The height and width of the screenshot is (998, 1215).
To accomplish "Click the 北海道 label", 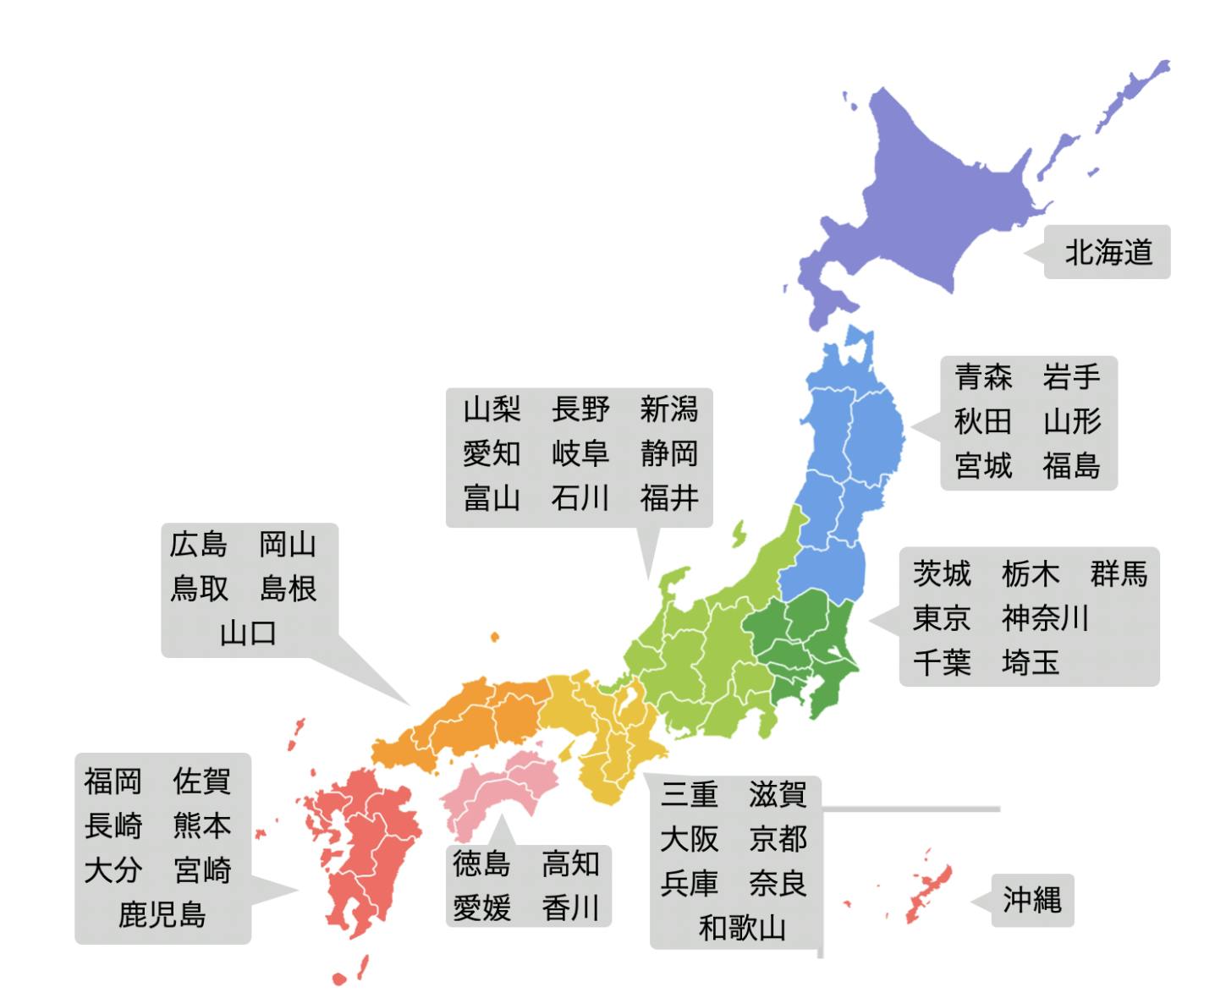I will tap(1108, 252).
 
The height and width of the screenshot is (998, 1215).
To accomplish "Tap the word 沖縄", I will tap(1032, 900).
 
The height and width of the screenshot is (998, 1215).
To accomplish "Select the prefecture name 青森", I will tap(983, 377).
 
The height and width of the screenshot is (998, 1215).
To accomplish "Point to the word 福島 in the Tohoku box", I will tap(1071, 465).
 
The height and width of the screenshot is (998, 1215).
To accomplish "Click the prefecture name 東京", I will tap(941, 618).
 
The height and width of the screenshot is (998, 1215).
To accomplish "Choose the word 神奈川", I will tap(1045, 618).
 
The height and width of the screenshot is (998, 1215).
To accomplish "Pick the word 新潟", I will tap(668, 409).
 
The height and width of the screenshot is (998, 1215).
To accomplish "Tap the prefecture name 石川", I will tap(580, 498).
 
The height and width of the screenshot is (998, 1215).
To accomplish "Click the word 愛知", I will tap(491, 454).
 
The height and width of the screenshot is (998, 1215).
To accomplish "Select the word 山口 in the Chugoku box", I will tap(248, 633).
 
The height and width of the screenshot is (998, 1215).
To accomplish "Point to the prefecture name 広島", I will tap(199, 545).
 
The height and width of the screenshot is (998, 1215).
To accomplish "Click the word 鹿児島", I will tap(162, 914).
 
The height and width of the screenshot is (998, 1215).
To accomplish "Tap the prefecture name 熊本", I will tap(201, 825).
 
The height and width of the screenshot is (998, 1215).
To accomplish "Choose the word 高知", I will tap(570, 864).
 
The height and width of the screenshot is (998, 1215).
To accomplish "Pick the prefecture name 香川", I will tap(570, 908).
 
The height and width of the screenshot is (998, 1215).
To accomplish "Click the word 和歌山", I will tap(742, 928).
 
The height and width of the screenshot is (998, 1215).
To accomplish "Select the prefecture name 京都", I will tap(778, 839).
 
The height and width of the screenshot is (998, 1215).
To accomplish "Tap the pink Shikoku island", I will tap(499, 787).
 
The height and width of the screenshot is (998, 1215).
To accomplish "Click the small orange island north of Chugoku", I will tap(494, 638).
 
